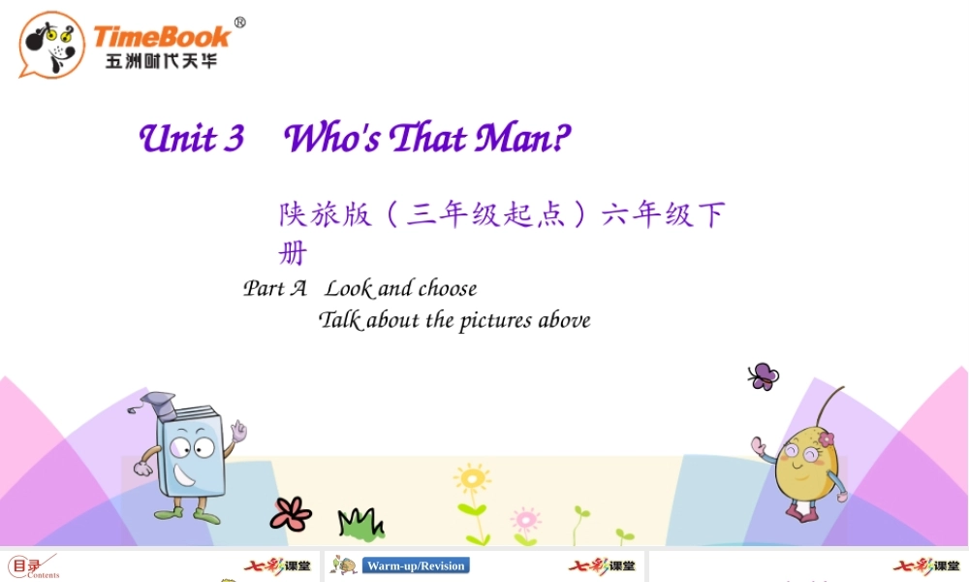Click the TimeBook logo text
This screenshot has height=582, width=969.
pos(162,37)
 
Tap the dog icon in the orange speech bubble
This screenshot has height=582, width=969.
pos(51,44)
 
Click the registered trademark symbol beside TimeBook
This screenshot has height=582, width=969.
pos(240,23)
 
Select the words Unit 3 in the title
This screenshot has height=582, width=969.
pos(192,139)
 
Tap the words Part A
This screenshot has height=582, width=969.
pos(274,288)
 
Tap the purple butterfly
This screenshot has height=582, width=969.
pos(763,376)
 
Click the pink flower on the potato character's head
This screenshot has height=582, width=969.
pos(826,439)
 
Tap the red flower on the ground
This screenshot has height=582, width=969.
pos(291,513)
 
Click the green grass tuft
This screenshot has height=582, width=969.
pos(359,524)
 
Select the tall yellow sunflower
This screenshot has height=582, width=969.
pos(473,480)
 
